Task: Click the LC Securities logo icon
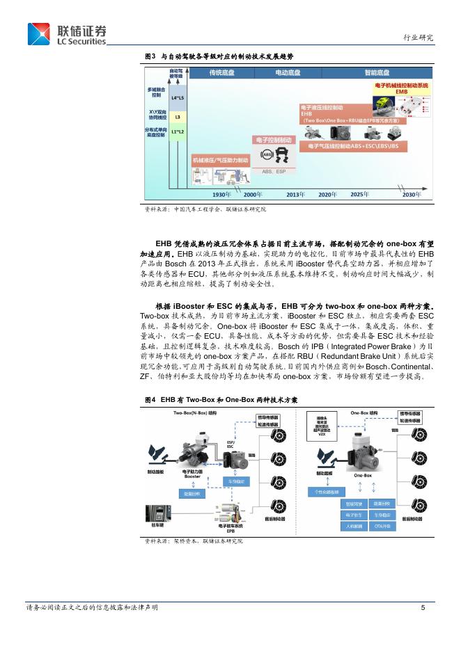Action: point(39,34)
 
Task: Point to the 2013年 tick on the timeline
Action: point(296,195)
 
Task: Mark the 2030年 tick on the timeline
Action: point(412,195)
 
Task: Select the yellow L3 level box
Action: point(178,117)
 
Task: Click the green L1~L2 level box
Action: point(178,132)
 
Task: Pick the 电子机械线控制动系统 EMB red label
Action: point(401,88)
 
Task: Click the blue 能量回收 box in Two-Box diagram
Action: point(192,494)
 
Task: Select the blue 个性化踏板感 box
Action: point(325,491)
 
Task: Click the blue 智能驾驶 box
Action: point(354,503)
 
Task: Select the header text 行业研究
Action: point(418,38)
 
